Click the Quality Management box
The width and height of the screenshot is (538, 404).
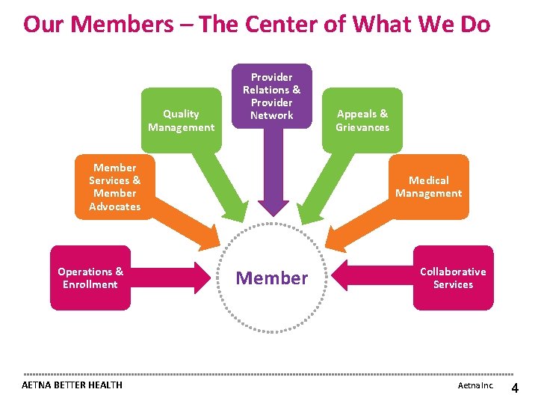(181, 120)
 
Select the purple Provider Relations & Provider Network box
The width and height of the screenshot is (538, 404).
(271, 96)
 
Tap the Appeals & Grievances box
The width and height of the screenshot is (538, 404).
(362, 120)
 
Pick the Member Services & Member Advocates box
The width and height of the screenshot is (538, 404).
(114, 187)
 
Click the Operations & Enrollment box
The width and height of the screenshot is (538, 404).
(90, 278)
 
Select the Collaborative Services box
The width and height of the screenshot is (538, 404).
(453, 278)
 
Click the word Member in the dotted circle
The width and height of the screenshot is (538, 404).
(271, 278)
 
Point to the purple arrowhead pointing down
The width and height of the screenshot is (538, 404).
(272, 209)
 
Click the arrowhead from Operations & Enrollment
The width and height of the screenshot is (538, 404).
(202, 278)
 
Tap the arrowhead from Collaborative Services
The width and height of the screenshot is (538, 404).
(341, 278)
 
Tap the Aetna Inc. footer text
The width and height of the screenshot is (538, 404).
(475, 385)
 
